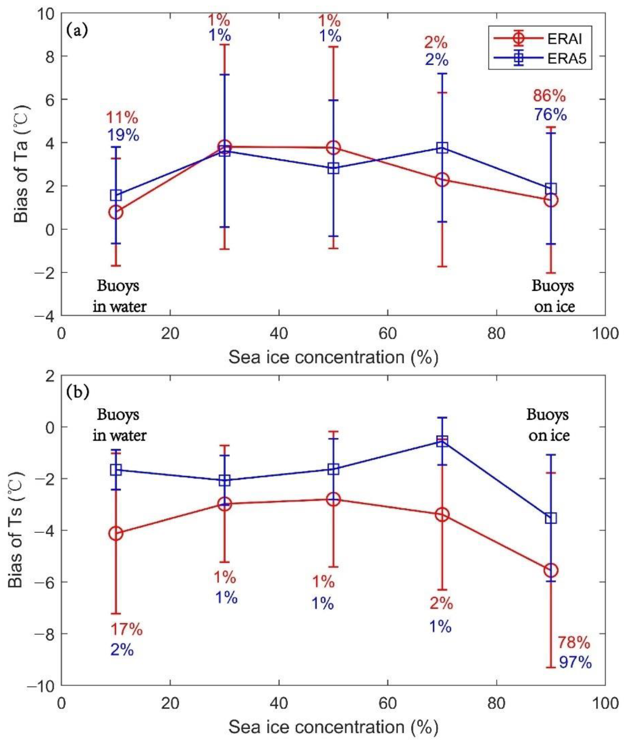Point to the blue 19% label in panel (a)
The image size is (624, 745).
click(x=123, y=135)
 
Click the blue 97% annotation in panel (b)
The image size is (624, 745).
click(x=575, y=662)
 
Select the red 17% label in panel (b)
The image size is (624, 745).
click(x=126, y=629)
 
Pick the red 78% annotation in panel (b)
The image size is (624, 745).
click(x=574, y=643)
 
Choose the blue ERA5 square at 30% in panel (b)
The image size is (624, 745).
click(x=225, y=481)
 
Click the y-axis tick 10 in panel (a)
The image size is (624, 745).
click(x=46, y=13)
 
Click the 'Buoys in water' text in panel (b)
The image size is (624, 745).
click(x=120, y=425)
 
